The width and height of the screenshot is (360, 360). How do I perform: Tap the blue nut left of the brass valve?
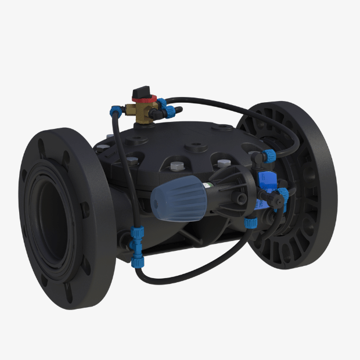[x=116, y=109]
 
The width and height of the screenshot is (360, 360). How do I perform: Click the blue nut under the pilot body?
[x=250, y=222]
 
